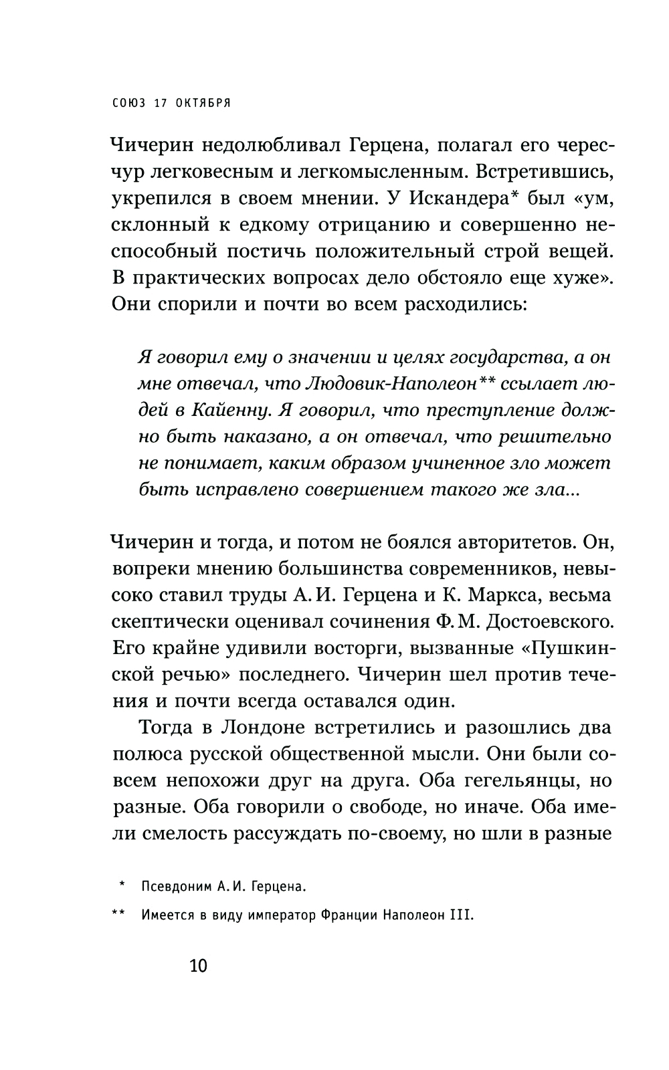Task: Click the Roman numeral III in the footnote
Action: (x=464, y=916)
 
